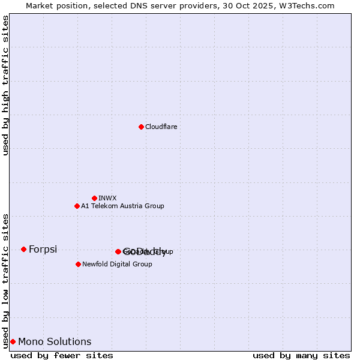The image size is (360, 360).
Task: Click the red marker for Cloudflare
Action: pyautogui.click(x=141, y=127)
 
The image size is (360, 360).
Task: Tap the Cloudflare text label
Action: pyautogui.click(x=161, y=127)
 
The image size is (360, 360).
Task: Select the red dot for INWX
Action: pyautogui.click(x=94, y=198)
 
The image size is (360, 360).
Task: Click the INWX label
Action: pyautogui.click(x=108, y=198)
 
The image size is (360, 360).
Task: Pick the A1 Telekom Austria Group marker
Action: pyautogui.click(x=77, y=206)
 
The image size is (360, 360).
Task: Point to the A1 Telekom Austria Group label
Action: pyautogui.click(x=122, y=206)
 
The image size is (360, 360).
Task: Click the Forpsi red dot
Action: pyautogui.click(x=23, y=249)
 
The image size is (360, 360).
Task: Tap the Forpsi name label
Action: pyautogui.click(x=43, y=249)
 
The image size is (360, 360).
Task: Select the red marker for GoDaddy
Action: pyautogui.click(x=118, y=251)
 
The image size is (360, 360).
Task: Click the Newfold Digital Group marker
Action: pyautogui.click(x=78, y=264)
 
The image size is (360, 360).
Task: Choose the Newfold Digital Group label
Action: pyautogui.click(x=117, y=264)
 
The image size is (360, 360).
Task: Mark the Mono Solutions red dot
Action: pyautogui.click(x=13, y=341)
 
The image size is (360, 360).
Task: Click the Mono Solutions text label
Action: pyautogui.click(x=55, y=341)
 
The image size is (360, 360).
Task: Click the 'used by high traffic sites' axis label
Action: pyautogui.click(x=5, y=85)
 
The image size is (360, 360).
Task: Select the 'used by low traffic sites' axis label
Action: pyautogui.click(x=5, y=281)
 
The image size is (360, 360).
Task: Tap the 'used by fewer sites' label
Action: pyautogui.click(x=62, y=355)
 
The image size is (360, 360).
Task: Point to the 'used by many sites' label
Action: pyautogui.click(x=301, y=355)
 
